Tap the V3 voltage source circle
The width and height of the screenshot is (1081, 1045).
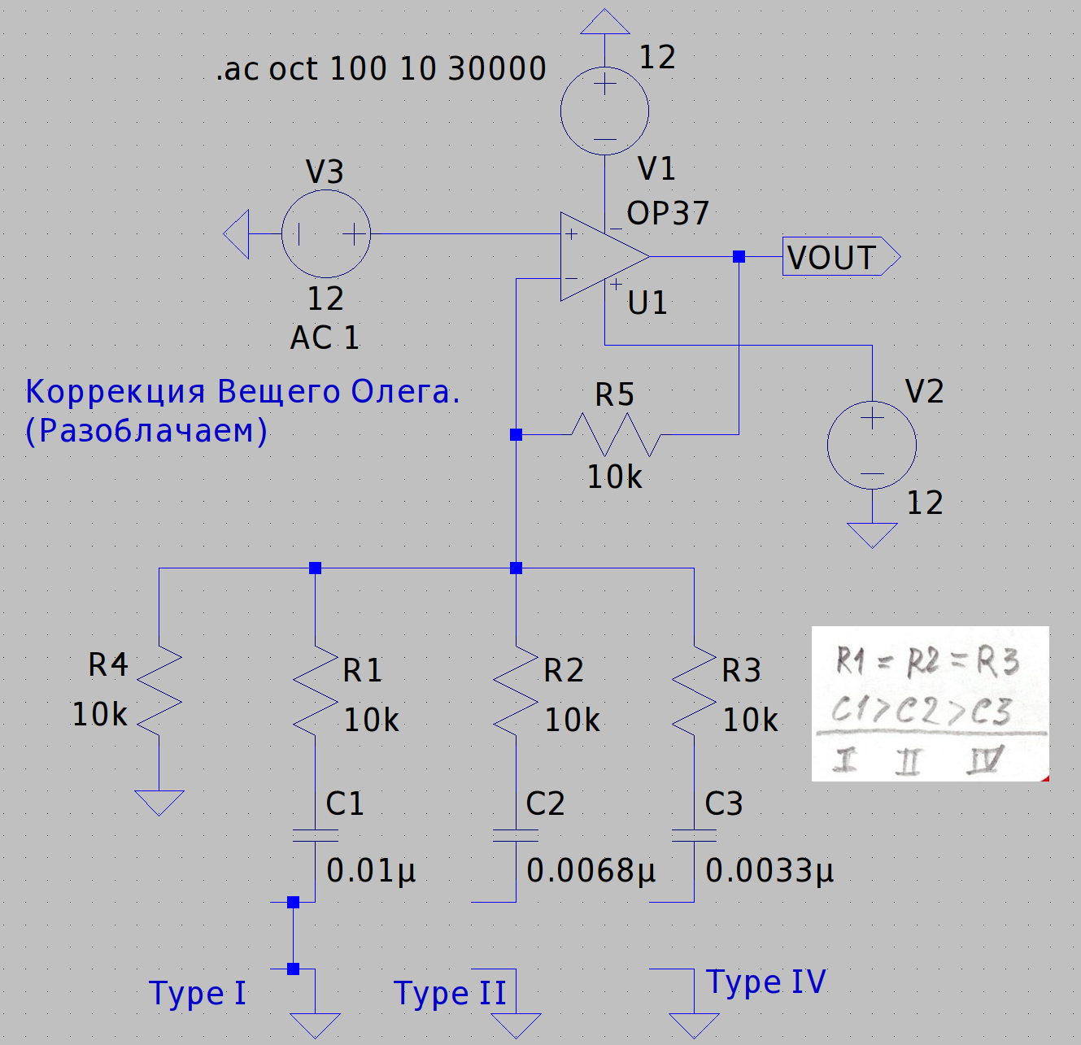click(326, 234)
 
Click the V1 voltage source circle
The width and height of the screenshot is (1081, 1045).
click(604, 111)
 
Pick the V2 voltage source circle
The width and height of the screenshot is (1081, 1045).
click(872, 445)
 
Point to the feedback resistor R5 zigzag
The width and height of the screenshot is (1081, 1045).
click(615, 435)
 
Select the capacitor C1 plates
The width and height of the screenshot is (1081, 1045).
click(316, 835)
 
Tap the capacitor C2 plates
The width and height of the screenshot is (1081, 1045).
click(516, 835)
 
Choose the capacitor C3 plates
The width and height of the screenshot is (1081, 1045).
click(695, 835)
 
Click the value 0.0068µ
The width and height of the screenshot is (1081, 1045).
click(591, 871)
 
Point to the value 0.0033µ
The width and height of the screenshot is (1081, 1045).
click(769, 871)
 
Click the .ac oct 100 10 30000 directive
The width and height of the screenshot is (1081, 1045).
click(381, 69)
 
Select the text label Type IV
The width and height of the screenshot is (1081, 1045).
click(766, 982)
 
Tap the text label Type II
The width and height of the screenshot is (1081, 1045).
click(450, 994)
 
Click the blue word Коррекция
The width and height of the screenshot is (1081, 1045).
click(115, 392)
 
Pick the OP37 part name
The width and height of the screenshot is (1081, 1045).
click(668, 213)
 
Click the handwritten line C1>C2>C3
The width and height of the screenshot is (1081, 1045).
click(921, 712)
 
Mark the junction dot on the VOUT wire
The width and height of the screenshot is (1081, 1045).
click(739, 257)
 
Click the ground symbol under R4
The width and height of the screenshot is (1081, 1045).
click(159, 802)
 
